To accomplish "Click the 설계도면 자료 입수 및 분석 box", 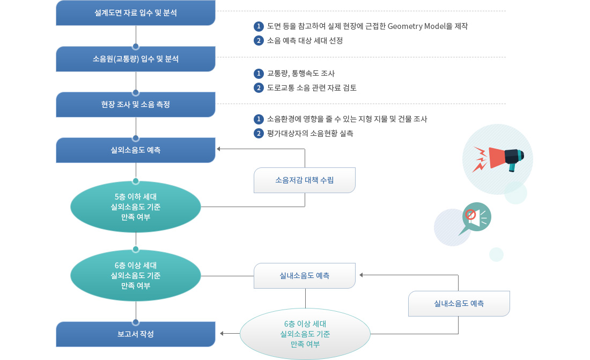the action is coord(136,13).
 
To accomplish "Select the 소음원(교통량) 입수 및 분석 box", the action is coord(136,58).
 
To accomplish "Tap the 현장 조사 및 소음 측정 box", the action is coord(136,104).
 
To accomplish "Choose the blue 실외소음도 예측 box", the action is coord(136,150).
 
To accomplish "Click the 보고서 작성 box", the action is coord(136,334).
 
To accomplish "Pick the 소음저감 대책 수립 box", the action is coord(305,180).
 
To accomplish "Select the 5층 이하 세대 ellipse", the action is coord(136,207).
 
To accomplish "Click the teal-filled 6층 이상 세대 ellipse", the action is coord(136,276).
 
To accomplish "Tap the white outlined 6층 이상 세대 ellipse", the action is coord(305,334).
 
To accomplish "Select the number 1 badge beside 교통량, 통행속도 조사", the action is coord(259,74).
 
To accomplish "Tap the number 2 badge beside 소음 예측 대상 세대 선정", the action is coord(259,41).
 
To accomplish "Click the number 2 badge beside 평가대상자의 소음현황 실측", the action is coord(259,133).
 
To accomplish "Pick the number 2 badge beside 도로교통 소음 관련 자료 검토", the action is coord(259,88).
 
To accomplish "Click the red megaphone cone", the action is coord(497,158).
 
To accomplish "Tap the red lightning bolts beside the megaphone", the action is coord(480,159).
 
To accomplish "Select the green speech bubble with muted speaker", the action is coord(475,218).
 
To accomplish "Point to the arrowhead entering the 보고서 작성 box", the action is coord(222,334).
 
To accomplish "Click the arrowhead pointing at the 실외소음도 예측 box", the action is coord(219,149).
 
